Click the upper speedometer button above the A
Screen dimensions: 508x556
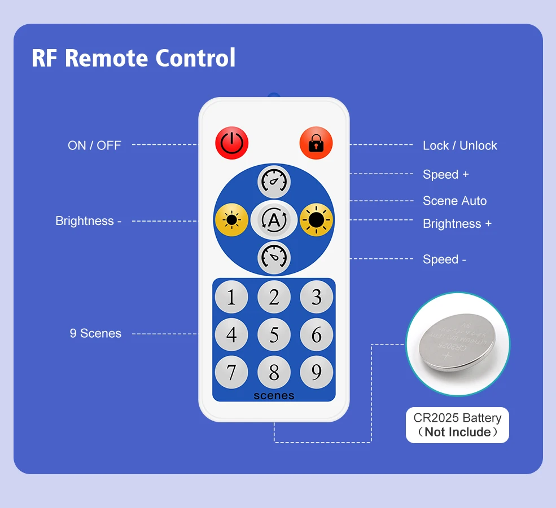(274, 182)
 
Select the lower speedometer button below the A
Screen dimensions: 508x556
(274, 258)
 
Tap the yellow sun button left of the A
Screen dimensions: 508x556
(231, 220)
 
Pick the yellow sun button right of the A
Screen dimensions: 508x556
(316, 220)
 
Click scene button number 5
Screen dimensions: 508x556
(274, 335)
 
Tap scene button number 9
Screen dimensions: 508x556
(316, 372)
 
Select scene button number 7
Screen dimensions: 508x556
(231, 372)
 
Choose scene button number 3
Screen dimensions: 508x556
(316, 297)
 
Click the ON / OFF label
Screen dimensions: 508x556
(94, 145)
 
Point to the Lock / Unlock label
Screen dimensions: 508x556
(459, 145)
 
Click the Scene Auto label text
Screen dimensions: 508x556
(454, 201)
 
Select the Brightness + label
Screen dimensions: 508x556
(457, 224)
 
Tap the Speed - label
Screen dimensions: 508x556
(444, 259)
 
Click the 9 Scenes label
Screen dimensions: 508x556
(95, 333)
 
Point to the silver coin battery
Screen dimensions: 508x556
(457, 343)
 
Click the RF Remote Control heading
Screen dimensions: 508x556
(133, 58)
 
